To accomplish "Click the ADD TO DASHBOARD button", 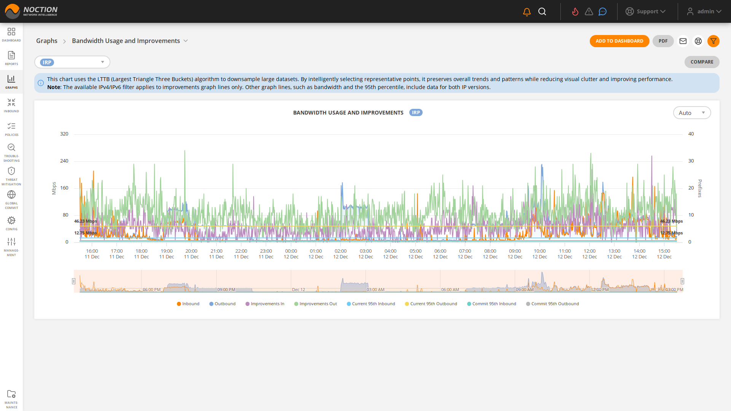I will coord(619,41).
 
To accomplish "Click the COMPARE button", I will coord(702,62).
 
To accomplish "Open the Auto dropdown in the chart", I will coord(691,113).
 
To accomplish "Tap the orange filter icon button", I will coord(713,41).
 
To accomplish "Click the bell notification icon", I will coord(527,12).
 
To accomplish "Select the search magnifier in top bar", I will coord(542,12).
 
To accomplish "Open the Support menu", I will coord(646,11).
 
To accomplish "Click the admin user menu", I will coord(704,11).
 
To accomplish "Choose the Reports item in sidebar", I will coord(11,58).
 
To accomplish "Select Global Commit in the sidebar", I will coord(11,199).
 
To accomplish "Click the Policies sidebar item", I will coord(11,129).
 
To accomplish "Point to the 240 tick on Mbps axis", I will coord(64,161).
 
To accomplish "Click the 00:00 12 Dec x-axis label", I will coord(291,254).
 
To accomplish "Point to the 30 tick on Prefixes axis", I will coord(691,161).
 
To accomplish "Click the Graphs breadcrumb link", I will coord(46,41).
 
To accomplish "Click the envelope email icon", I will coord(683,41).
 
